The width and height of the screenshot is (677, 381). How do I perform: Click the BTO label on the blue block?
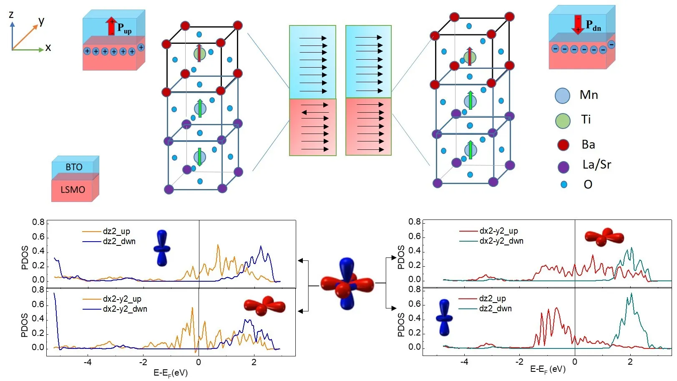74,167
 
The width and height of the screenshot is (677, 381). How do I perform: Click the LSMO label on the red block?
73,190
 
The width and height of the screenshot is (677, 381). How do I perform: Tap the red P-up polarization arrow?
111,26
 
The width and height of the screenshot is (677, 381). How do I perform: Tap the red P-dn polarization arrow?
578,24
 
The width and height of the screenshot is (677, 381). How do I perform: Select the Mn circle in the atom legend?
562,96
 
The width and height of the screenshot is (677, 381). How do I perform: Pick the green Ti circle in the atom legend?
563,121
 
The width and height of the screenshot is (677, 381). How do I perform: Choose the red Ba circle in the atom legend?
563,145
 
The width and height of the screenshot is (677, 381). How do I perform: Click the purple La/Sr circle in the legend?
564,167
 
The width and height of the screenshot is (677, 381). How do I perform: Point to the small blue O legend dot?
564,184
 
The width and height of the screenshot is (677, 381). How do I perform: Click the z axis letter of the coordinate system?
11,15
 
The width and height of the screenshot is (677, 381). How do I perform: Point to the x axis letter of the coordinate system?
48,48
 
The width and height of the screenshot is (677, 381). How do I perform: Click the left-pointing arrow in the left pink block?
315,112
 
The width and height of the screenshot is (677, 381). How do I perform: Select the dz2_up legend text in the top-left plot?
116,231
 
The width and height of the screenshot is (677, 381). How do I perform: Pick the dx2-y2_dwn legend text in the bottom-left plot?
125,309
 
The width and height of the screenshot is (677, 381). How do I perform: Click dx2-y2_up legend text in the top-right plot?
498,231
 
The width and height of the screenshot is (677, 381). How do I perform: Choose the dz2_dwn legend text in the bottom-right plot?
495,309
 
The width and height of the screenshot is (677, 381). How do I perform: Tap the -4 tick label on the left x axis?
88,362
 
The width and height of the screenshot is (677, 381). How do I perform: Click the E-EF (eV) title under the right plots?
547,369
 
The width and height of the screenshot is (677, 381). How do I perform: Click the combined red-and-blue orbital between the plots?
347,284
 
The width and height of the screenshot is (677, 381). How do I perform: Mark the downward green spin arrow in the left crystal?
200,157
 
